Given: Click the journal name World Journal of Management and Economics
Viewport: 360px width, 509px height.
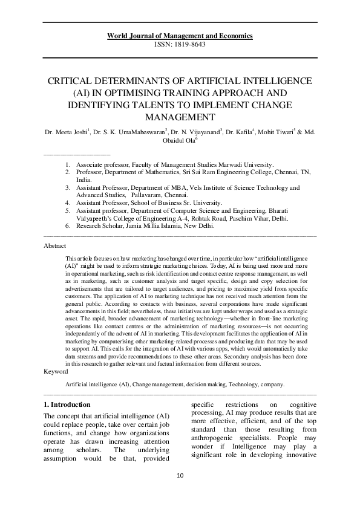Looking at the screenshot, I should (180, 36).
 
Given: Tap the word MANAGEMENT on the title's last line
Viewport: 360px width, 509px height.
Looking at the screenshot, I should (180, 117).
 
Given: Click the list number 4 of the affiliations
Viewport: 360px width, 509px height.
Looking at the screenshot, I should (68, 203).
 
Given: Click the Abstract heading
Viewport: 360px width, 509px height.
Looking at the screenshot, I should (56, 246).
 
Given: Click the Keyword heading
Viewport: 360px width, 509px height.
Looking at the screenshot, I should (56, 371).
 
